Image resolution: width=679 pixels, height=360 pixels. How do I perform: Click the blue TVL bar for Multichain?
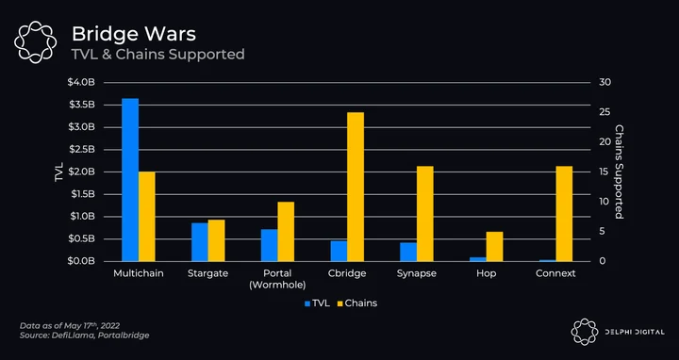coord(130,180)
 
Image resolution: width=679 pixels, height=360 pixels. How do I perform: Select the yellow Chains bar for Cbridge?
coord(356,187)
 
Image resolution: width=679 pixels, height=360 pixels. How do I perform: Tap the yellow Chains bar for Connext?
coord(564,213)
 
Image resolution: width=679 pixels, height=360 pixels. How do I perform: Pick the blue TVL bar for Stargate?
coord(200,242)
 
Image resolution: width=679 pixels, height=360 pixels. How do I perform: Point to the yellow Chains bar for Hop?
coord(494,246)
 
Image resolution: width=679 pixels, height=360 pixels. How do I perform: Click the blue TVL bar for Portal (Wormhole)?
coord(269,245)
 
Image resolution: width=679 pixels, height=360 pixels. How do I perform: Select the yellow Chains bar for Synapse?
coord(424,213)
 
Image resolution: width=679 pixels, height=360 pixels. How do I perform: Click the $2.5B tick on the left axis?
coord(81,150)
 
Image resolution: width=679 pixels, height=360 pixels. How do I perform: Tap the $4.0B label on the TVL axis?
coord(81,82)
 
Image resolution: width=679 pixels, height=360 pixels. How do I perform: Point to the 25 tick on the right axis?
coord(604,112)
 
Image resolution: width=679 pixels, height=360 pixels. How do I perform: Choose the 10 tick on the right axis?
coord(604,202)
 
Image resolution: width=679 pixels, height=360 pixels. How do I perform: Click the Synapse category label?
coord(417,273)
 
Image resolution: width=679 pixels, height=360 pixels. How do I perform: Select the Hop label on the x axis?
coord(486,273)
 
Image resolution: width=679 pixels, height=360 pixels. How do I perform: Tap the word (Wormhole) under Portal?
coord(277,286)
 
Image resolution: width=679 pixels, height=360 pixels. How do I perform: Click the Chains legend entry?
coord(357,303)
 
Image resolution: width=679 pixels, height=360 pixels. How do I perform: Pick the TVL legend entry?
coord(318,303)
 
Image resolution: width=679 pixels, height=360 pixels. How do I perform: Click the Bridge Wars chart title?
coord(134,34)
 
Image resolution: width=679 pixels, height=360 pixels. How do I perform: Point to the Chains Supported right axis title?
coord(619,172)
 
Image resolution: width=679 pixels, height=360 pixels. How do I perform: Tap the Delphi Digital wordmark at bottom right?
coord(635,332)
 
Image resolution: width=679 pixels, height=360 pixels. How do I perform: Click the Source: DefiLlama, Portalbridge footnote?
coord(85,335)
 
